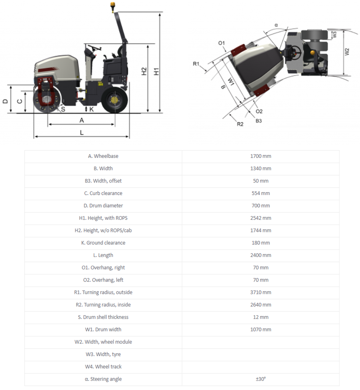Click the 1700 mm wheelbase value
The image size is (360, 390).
pos(260,156)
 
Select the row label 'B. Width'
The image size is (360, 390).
pos(103,168)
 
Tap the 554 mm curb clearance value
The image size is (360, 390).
pos(260,193)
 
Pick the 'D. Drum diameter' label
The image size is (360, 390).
pos(103,206)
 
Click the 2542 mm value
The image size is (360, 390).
pos(260,218)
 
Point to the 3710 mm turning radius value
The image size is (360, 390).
pos(260,292)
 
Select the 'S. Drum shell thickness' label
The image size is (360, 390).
pos(103,317)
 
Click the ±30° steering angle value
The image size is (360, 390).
pos(260,379)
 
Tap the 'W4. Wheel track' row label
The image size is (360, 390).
pos(103,367)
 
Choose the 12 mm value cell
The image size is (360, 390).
pos(260,317)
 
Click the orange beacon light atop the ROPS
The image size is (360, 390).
pos(113,5)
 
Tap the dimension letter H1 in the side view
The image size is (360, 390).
pos(156,71)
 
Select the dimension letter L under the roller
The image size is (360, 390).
pos(82,132)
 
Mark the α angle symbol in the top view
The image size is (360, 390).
pos(276,25)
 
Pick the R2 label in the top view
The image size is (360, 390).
pos(240,123)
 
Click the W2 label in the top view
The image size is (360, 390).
pos(347,52)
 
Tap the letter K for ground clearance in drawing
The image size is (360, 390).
pos(91,109)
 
